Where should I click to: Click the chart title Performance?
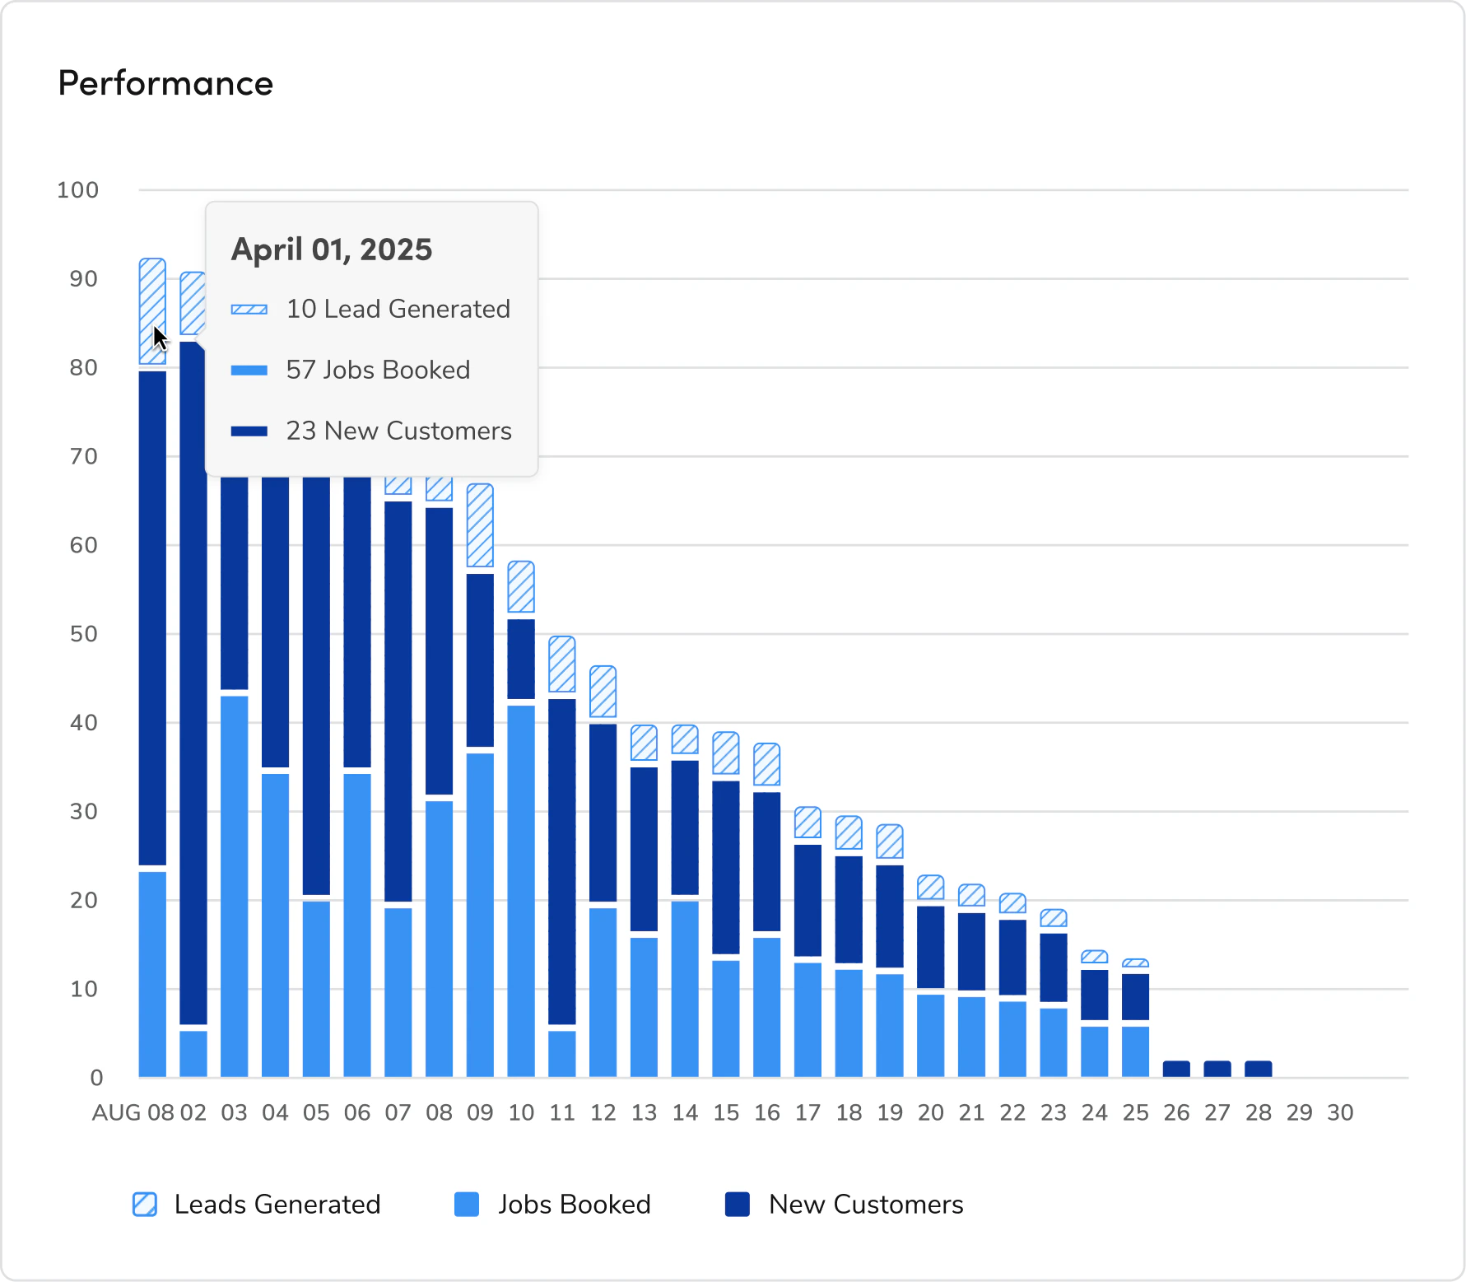(165, 83)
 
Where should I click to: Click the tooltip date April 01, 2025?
(331, 249)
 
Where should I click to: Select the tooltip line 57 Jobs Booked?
(378, 370)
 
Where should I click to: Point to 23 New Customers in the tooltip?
(398, 431)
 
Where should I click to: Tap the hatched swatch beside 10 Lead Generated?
(249, 310)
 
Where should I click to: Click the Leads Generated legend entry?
(257, 1205)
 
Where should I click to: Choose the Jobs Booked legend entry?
(553, 1205)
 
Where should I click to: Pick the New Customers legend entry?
(845, 1205)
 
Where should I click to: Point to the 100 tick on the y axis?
(77, 190)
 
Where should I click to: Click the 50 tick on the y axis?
(83, 634)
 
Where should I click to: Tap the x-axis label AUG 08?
(133, 1113)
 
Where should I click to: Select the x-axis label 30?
(1339, 1113)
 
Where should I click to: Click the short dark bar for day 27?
(1217, 1069)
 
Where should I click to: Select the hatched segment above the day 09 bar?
(480, 525)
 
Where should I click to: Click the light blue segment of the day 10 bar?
(521, 889)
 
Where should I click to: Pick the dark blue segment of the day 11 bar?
(562, 860)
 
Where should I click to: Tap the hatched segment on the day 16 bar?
(766, 765)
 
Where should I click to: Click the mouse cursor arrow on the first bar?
(160, 338)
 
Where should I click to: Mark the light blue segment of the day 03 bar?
(235, 885)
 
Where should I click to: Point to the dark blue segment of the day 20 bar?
(930, 947)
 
